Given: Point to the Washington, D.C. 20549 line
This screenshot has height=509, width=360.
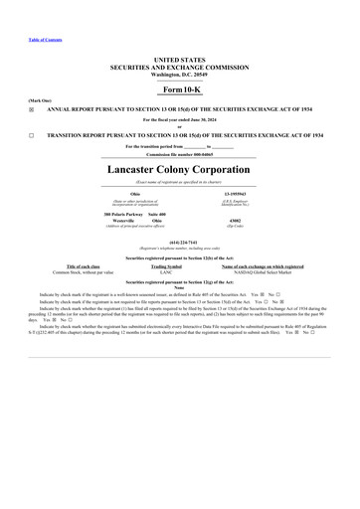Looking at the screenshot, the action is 180,76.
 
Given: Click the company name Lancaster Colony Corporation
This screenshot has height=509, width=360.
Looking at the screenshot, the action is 180,170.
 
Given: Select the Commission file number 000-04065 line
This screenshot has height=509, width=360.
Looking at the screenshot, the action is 180,156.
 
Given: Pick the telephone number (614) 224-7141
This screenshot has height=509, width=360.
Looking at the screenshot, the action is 180,240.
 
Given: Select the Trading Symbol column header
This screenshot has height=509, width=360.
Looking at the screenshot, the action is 165,266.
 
